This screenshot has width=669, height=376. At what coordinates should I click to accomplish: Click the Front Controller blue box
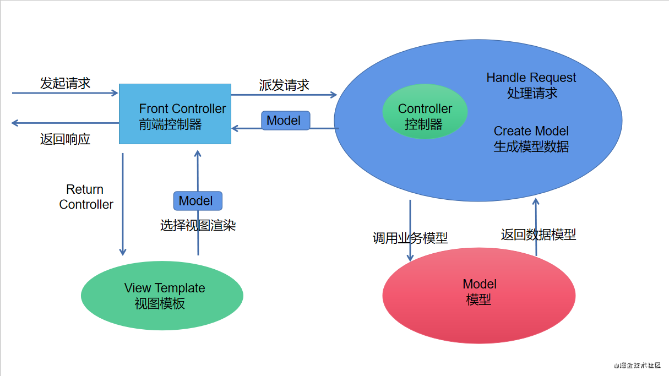[175, 114]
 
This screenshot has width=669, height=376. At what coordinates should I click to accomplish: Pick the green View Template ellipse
[162, 295]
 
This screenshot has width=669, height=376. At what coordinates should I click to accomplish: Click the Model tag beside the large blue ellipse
[285, 121]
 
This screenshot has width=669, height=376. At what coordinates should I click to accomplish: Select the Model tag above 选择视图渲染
[197, 201]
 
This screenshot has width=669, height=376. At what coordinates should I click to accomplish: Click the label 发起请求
[65, 84]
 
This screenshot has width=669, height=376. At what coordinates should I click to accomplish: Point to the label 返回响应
[65, 139]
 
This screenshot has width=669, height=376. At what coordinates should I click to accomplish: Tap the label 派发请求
[284, 85]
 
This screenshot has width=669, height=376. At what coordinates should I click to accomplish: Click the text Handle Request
[531, 78]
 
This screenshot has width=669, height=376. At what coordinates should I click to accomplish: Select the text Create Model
[531, 131]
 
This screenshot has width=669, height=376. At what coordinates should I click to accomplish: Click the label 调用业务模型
[410, 238]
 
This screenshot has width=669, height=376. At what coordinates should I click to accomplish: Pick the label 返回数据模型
[538, 235]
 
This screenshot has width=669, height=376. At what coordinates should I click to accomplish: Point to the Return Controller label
[86, 197]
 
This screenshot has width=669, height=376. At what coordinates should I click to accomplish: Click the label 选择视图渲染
[198, 225]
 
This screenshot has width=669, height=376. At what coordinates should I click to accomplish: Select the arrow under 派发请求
[284, 95]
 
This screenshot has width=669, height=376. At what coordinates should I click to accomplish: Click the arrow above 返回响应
[65, 123]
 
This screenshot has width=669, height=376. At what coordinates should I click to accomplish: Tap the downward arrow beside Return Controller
[122, 204]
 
